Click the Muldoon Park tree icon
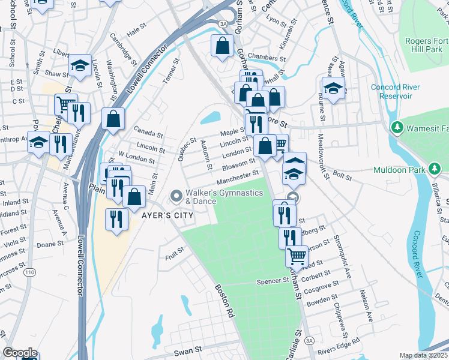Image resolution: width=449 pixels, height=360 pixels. pos(434,169)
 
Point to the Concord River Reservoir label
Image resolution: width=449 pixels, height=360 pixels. pos(391,91)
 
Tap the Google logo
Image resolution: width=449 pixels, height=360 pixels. pos(20,353)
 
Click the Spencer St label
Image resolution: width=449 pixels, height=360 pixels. pos(273,281)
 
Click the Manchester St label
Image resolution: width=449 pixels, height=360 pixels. pos(238,178)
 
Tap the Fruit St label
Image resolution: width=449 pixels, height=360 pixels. pos(175,256)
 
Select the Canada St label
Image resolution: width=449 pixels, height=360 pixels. pos(148,133)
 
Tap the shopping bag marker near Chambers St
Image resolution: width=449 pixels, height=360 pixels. pos(222,46)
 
